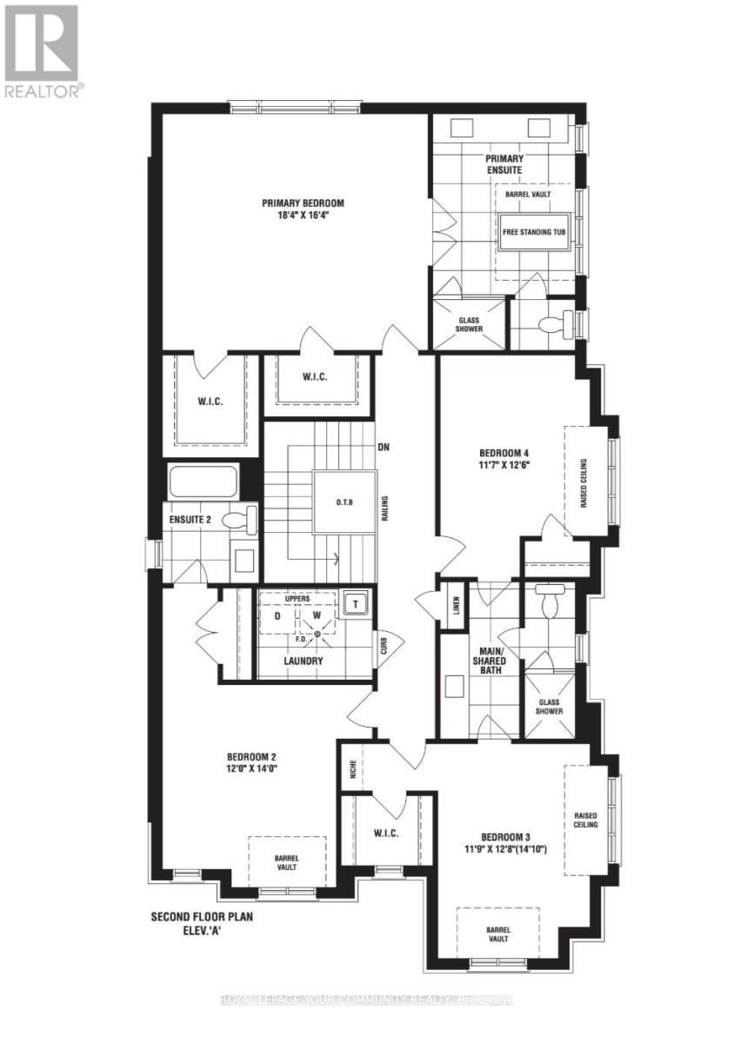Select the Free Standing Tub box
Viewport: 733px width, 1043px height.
pos(533,233)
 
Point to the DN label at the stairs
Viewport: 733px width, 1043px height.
pos(383,448)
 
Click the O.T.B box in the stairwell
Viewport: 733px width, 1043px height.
pos(344,502)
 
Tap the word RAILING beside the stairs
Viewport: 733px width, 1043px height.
pos(383,508)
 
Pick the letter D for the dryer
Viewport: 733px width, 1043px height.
pos(277,615)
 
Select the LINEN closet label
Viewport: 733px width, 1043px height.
pos(456,606)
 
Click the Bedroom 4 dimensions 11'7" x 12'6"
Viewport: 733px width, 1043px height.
pos(504,465)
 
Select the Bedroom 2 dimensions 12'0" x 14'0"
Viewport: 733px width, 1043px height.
pos(252,768)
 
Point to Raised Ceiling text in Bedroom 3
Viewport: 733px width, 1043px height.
pos(585,820)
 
